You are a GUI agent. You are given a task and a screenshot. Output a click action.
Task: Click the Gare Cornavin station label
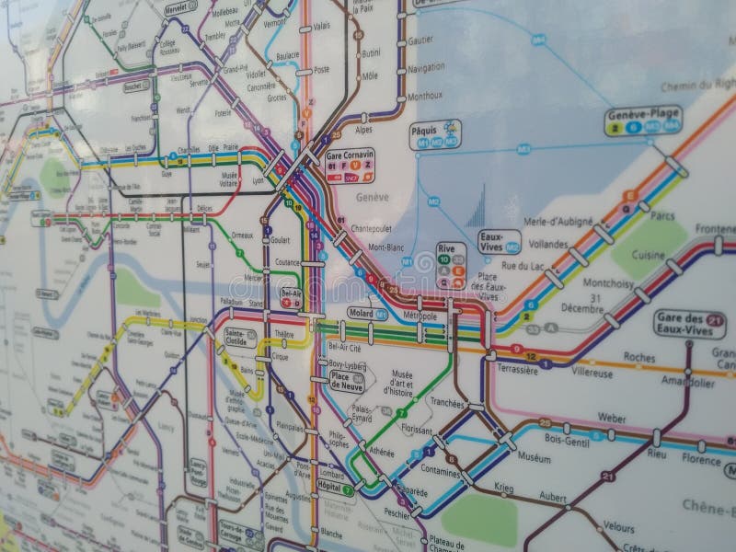coord(351,155)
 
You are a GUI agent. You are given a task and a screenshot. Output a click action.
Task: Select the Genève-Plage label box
coord(642,115)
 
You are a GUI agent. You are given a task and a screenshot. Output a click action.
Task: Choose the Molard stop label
coord(361,314)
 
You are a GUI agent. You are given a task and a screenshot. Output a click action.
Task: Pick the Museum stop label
coord(534,455)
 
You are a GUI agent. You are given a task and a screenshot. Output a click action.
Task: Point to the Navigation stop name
coord(425,68)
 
